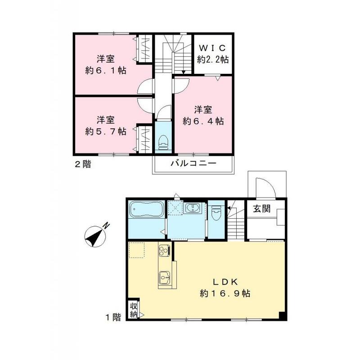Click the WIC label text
pos(213,48)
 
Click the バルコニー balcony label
pos(193,163)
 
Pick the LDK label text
pos(225,282)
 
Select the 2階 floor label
pos(83,164)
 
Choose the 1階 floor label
pos(113,317)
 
